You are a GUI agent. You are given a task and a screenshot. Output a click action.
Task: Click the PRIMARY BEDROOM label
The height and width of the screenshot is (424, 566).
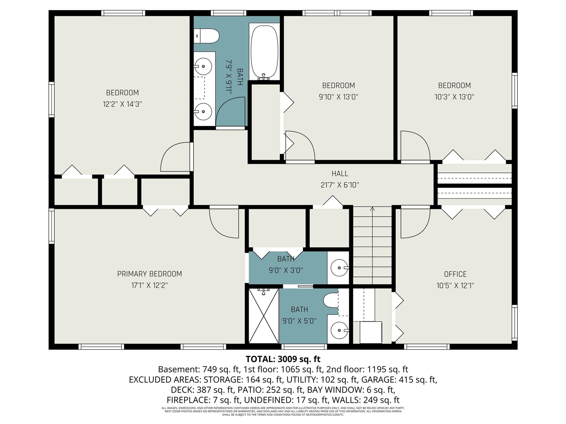tap(149, 274)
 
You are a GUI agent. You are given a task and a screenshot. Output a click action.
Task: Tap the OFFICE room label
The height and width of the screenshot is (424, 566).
tap(455, 274)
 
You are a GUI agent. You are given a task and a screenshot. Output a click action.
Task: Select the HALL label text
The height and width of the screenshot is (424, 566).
tap(340, 174)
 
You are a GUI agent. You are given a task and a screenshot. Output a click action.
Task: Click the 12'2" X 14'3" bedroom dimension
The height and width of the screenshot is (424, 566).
tap(122, 104)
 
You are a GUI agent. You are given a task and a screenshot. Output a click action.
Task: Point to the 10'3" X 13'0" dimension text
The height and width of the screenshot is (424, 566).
tap(454, 97)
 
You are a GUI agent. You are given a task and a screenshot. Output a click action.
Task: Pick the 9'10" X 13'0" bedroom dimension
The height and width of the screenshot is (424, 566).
tap(338, 97)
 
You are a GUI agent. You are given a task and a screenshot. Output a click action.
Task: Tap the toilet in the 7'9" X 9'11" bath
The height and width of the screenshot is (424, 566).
tap(207, 36)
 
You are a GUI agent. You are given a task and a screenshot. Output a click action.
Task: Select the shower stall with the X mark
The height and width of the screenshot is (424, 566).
tap(264, 315)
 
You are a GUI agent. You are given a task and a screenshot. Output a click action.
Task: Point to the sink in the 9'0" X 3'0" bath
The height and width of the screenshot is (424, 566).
tap(340, 268)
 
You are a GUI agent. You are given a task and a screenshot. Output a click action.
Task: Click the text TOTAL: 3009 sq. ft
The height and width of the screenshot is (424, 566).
tap(283, 359)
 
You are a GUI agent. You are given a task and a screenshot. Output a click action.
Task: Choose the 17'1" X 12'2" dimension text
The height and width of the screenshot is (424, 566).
tap(149, 285)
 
